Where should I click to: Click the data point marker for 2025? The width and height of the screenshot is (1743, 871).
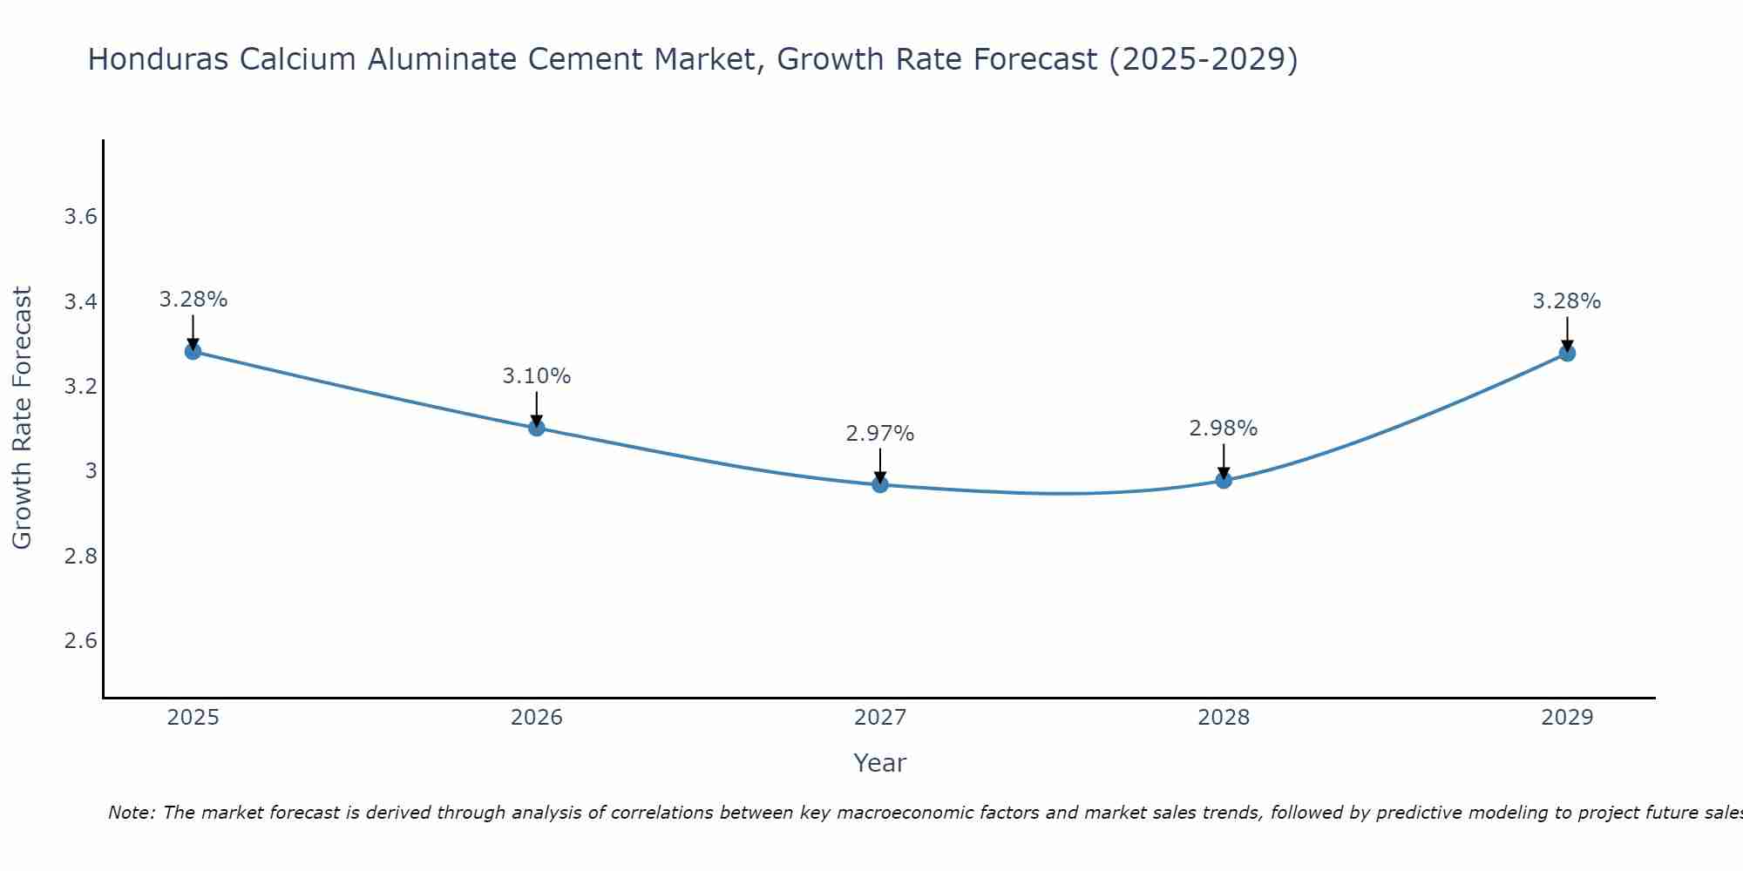click(x=193, y=351)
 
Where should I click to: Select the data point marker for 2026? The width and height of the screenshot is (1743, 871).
click(x=537, y=428)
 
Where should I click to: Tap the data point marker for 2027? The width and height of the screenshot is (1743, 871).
click(x=880, y=484)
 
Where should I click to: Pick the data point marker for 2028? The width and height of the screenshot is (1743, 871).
click(x=1224, y=480)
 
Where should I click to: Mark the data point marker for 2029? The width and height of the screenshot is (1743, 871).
click(x=1567, y=353)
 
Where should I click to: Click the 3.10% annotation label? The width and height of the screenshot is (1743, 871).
click(x=537, y=376)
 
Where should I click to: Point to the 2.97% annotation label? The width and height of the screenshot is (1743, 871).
click(x=880, y=433)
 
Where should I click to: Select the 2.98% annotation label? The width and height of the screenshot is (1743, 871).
click(x=1224, y=429)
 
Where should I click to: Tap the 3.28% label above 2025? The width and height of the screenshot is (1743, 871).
click(x=193, y=300)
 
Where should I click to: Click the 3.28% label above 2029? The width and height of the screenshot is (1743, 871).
click(x=1567, y=301)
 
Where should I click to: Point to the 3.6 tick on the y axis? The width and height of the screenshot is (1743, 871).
click(x=80, y=217)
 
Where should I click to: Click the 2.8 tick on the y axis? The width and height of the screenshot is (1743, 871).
click(x=80, y=557)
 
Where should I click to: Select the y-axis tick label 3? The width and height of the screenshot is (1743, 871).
click(x=91, y=471)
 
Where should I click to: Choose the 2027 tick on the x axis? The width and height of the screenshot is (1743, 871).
click(x=880, y=718)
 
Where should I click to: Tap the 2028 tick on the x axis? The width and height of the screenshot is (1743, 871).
click(x=1224, y=718)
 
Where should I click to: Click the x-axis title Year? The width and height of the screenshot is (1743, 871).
click(x=880, y=763)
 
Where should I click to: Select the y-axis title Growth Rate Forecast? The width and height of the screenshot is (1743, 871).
click(x=22, y=418)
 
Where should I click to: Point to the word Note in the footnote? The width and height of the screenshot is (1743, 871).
click(x=130, y=813)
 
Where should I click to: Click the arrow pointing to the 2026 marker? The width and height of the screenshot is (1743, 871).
click(x=537, y=408)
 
